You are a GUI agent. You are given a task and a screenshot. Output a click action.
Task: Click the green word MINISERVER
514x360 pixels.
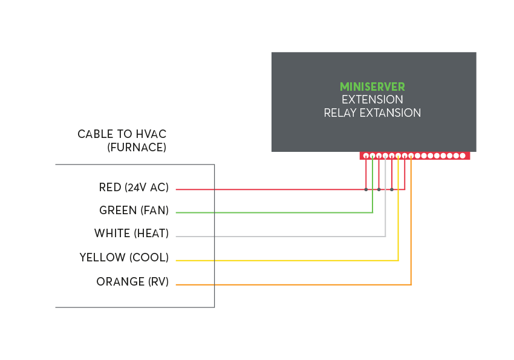pyautogui.click(x=372, y=87)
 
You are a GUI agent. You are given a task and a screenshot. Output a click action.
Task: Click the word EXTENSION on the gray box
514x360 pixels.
pyautogui.click(x=372, y=99)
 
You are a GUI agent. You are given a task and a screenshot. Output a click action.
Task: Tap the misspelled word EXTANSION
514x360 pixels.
pyautogui.click(x=391, y=113)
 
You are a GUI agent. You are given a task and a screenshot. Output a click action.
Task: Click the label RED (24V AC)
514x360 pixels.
pyautogui.click(x=134, y=188)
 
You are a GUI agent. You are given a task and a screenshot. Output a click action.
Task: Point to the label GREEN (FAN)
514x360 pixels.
pyautogui.click(x=134, y=211)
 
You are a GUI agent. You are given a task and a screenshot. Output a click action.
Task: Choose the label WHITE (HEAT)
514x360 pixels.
pyautogui.click(x=131, y=234)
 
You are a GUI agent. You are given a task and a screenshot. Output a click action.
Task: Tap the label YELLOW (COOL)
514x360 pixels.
pyautogui.click(x=124, y=258)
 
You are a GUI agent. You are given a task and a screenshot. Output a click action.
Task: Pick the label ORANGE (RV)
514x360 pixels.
pyautogui.click(x=132, y=282)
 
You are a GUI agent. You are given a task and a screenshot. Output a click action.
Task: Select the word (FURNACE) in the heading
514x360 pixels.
pyautogui.click(x=136, y=147)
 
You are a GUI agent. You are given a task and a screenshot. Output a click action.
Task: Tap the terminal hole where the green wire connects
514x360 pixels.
pyautogui.click(x=372, y=155)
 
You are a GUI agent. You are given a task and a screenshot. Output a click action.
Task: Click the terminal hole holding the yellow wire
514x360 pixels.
pyautogui.click(x=398, y=155)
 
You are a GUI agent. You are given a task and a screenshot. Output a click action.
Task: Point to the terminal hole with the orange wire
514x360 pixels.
pyautogui.click(x=411, y=155)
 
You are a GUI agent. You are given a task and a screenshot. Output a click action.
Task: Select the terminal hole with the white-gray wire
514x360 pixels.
pyautogui.click(x=385, y=155)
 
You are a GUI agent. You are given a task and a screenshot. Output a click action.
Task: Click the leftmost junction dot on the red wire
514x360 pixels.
pyautogui.click(x=366, y=189)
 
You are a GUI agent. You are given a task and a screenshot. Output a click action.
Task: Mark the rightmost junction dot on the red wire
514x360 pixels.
pyautogui.click(x=392, y=189)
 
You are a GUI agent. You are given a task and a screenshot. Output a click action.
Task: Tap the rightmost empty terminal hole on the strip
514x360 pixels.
pyautogui.click(x=463, y=155)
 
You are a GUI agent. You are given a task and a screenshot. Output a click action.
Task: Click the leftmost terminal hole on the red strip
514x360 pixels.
pyautogui.click(x=366, y=155)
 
